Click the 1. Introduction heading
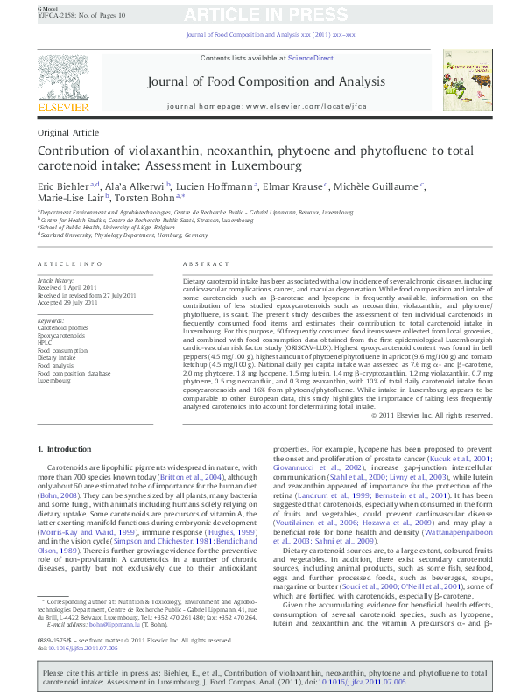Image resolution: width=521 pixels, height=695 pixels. coord(65,449)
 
